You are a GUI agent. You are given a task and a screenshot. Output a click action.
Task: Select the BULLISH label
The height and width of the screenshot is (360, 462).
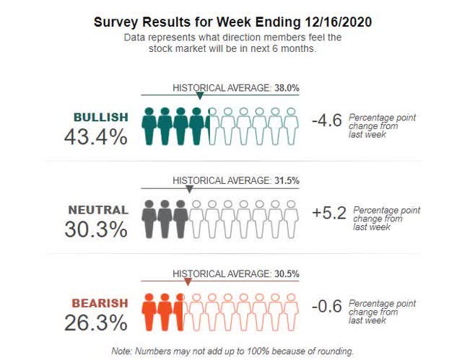pos(100,117)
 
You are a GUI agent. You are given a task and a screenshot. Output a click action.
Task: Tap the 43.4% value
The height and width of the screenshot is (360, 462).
pos(95,136)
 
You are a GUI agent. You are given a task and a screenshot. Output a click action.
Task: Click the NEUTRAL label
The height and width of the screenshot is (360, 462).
pos(97,210)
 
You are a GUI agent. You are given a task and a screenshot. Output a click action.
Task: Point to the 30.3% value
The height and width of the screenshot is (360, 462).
pos(95,229)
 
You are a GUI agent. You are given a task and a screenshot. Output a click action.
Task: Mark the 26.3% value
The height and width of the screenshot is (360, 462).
pos(95,322)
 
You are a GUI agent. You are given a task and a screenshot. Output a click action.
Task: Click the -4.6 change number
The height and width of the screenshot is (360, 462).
pos(326,121)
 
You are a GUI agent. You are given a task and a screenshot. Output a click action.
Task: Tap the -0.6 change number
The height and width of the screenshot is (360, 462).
pos(326,306)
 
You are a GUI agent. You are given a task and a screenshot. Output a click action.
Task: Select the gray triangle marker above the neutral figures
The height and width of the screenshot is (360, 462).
pos(189,189)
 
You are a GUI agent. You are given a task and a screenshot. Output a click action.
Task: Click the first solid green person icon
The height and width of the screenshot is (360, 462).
pos(149,126)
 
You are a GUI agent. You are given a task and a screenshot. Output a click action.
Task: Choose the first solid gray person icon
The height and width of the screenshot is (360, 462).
pos(149,219)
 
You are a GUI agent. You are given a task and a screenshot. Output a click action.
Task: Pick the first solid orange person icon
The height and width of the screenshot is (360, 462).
pos(149,311)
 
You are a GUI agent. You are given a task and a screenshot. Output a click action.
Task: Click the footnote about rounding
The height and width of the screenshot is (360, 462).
pos(232,351)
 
